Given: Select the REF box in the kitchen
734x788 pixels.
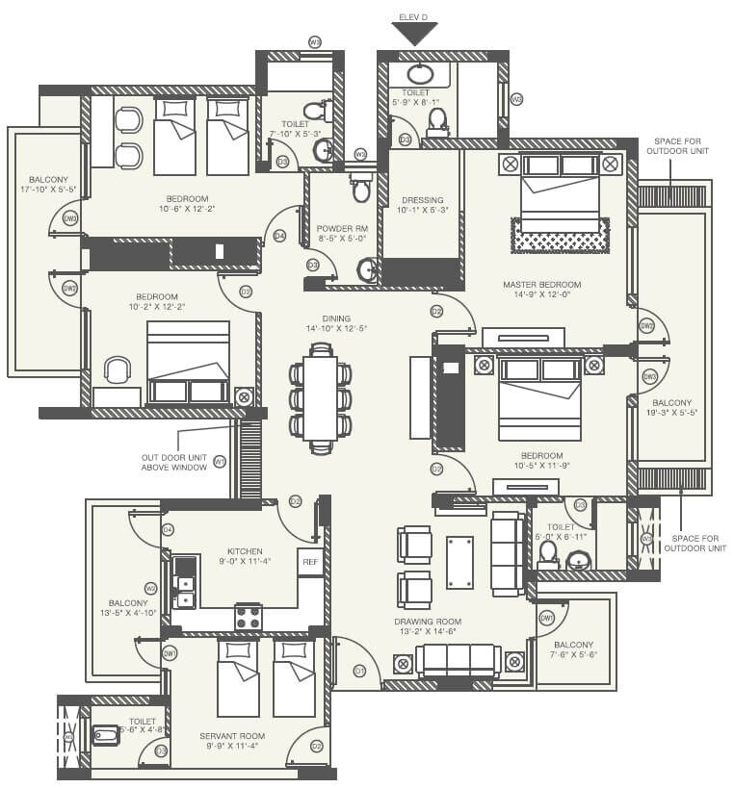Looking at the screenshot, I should pos(310,561).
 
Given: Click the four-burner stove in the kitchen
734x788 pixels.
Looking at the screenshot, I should pos(249,617).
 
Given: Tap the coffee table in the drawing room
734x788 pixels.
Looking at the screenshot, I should pos(460,562).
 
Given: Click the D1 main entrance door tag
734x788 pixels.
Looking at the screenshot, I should pos(359,670).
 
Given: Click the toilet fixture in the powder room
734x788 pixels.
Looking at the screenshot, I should pos(361,189).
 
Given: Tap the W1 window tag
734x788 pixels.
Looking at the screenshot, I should pos(220,462).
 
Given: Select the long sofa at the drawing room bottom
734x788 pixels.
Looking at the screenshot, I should pos(458,661).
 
